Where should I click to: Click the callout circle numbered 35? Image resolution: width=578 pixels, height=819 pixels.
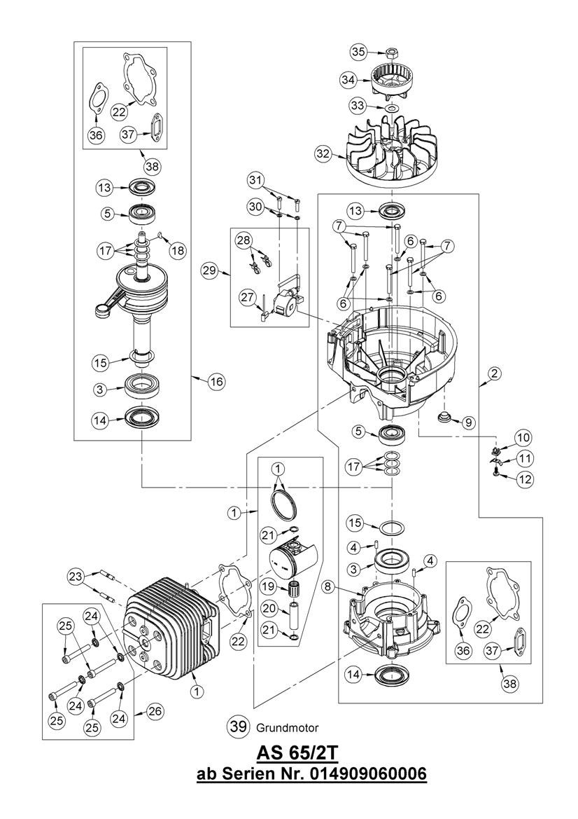click(358, 52)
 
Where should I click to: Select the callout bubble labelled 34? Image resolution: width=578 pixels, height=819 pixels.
click(349, 80)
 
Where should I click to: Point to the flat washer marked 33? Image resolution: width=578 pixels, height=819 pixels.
click(390, 108)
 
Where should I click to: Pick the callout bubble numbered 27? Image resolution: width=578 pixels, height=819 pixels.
click(248, 298)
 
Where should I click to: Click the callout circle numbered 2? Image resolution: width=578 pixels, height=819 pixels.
click(495, 373)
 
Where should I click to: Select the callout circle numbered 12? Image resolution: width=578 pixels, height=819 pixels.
click(525, 479)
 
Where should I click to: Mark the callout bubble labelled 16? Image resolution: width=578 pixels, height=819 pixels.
click(216, 382)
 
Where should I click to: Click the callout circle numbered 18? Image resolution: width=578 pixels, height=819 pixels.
click(178, 251)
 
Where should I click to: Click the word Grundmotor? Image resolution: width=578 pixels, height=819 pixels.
click(288, 727)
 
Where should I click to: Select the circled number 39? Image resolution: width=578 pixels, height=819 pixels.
click(239, 727)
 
